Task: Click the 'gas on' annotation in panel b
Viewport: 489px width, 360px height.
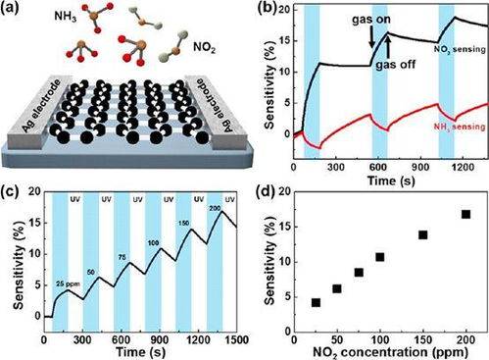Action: (370, 20)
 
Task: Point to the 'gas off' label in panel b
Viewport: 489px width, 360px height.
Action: (395, 64)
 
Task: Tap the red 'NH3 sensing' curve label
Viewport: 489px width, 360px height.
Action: (459, 127)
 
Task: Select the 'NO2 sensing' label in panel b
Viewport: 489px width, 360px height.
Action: (460, 50)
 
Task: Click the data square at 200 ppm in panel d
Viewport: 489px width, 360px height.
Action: (465, 215)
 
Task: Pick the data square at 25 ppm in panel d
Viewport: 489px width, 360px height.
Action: (316, 303)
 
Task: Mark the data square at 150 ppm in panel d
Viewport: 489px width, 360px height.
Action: (423, 235)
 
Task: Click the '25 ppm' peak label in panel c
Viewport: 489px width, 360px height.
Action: (68, 283)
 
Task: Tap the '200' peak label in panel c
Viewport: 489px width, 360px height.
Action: (215, 208)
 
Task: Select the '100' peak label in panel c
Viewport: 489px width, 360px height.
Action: (154, 243)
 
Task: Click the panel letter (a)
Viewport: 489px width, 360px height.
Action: (9, 7)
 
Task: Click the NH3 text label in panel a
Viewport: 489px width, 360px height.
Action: (66, 17)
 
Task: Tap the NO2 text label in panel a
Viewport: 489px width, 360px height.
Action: (204, 48)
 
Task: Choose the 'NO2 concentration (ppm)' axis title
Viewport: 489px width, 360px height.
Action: (390, 352)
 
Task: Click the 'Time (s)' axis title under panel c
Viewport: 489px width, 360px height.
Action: (140, 352)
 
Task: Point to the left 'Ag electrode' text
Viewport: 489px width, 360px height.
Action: (41, 106)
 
